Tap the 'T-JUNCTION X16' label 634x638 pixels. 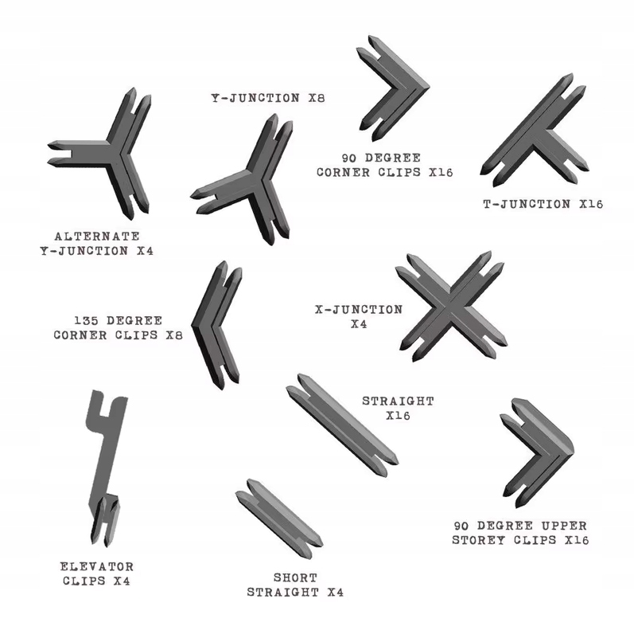pos(543,204)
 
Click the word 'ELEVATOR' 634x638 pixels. pos(97,566)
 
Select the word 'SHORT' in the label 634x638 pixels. pos(296,577)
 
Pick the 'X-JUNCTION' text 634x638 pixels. pos(359,310)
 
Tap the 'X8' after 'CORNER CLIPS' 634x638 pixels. pos(174,335)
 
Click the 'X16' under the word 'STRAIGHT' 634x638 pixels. pos(398,415)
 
